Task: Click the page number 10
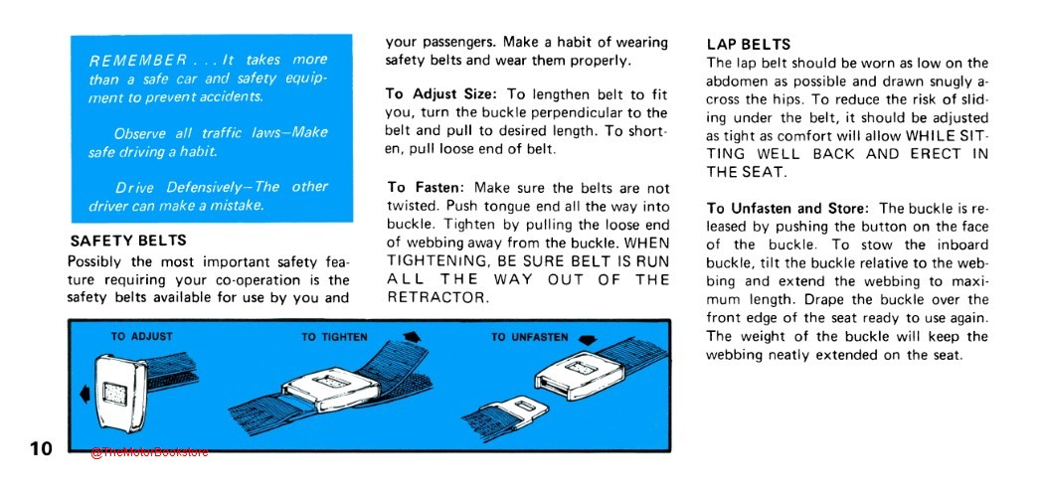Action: click(39, 449)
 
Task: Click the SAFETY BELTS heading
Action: click(128, 241)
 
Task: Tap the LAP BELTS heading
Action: click(749, 45)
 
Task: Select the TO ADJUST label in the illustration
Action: click(142, 337)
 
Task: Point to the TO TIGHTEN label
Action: click(335, 337)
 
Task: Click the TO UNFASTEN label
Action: click(530, 337)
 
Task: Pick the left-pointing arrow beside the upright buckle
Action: click(85, 395)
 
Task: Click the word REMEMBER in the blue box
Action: click(138, 61)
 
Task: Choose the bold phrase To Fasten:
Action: click(428, 187)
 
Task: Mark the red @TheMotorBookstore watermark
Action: click(149, 452)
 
